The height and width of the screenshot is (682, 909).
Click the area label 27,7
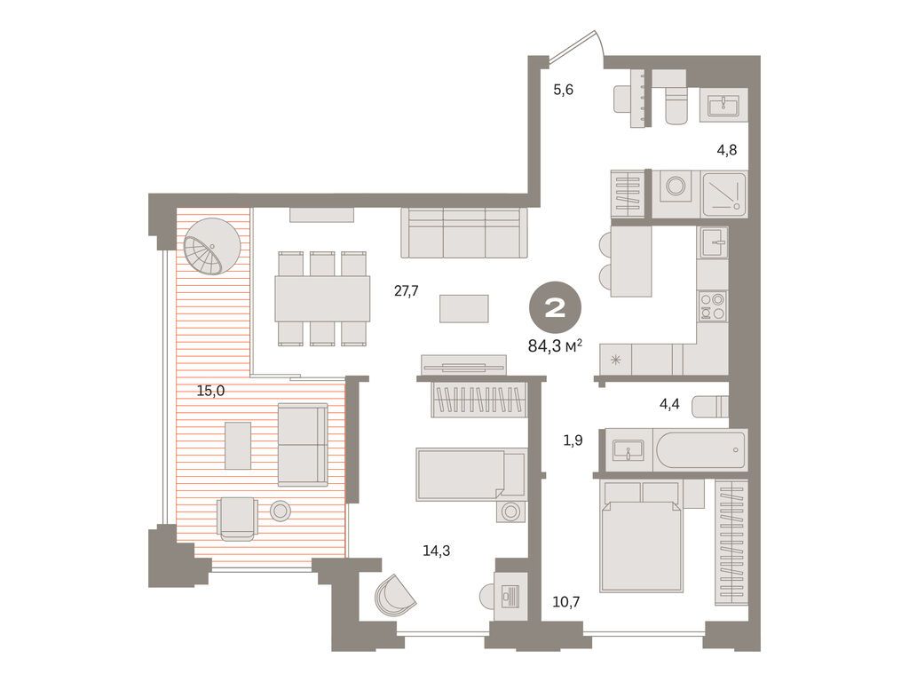[407, 290]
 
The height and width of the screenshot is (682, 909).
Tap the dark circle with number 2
[556, 309]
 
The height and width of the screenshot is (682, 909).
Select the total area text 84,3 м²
[555, 345]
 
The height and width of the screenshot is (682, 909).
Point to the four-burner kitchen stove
[712, 306]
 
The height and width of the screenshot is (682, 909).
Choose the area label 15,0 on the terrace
[209, 391]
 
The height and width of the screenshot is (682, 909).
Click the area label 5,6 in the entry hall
[565, 89]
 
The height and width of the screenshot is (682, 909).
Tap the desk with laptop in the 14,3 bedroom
[510, 595]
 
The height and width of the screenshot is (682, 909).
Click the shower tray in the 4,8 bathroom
[724, 194]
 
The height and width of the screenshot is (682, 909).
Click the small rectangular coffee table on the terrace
[237, 445]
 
